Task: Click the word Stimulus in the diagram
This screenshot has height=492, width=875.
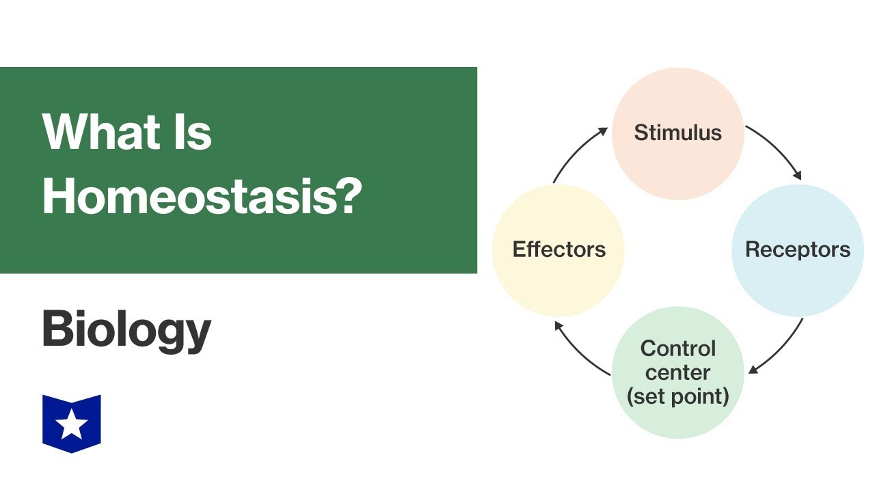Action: click(x=677, y=133)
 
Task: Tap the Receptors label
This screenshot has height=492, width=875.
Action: click(x=798, y=249)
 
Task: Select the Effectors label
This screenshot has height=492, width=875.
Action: click(x=558, y=249)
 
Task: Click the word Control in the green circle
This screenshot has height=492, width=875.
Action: click(x=677, y=348)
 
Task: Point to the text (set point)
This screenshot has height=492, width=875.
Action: click(x=677, y=396)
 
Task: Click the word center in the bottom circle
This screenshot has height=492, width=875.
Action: click(x=677, y=372)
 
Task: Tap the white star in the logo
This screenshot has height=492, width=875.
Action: click(x=72, y=425)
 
